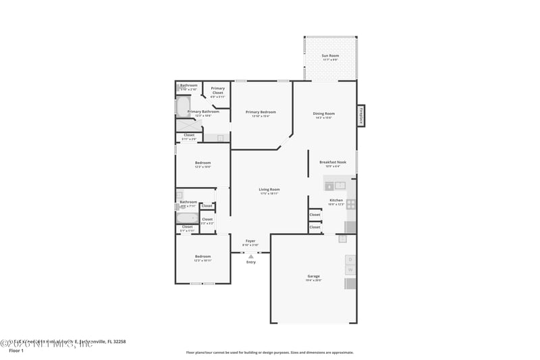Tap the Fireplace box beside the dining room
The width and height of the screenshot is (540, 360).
pyautogui.click(x=361, y=116)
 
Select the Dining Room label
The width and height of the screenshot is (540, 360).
pyautogui.click(x=324, y=113)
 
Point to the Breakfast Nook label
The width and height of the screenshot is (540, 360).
pyautogui.click(x=333, y=162)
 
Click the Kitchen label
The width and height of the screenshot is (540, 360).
pyautogui.click(x=336, y=201)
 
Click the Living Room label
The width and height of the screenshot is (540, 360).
pyautogui.click(x=269, y=190)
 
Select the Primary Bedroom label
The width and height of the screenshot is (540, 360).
pyautogui.click(x=261, y=112)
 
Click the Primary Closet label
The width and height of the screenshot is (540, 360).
pyautogui.click(x=217, y=91)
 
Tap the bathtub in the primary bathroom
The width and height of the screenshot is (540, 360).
pyautogui.click(x=183, y=106)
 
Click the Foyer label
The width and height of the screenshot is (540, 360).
pyautogui.click(x=250, y=241)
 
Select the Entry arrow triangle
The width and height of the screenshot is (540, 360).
pyautogui.click(x=251, y=257)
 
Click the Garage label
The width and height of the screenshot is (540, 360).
pyautogui.click(x=313, y=276)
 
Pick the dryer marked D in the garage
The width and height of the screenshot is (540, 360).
pyautogui.click(x=350, y=260)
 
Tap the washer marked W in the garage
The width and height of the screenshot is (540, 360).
pyautogui.click(x=350, y=270)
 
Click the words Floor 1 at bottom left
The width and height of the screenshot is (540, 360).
pyautogui.click(x=16, y=351)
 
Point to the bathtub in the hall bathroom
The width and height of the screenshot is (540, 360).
pyautogui.click(x=187, y=218)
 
